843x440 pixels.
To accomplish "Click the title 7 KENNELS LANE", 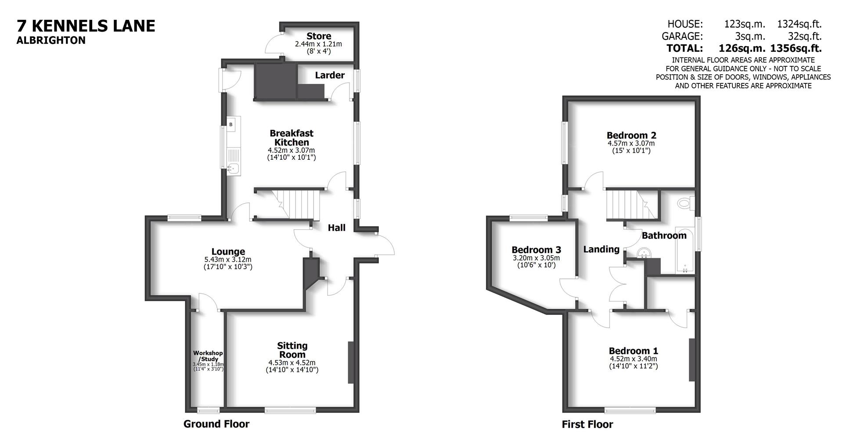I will [86, 26].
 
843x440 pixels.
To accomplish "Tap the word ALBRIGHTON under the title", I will [51, 40].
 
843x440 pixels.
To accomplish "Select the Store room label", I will [319, 36].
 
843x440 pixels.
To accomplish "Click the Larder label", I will [330, 75].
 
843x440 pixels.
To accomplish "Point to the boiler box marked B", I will [231, 125].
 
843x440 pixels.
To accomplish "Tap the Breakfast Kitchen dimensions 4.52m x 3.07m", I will [292, 150].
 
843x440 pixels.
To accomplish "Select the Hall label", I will [337, 227].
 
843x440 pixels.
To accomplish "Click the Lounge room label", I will [228, 252].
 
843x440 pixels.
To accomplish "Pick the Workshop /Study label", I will [208, 356].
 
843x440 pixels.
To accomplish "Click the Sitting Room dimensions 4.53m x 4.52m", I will [292, 363].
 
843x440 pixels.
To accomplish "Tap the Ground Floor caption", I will [216, 424].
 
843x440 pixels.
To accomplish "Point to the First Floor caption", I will [587, 425].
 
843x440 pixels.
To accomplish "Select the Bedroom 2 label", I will [631, 135].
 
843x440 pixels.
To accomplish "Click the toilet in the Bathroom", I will [685, 203].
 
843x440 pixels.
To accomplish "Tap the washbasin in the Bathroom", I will [644, 253].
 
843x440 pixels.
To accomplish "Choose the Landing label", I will [601, 249].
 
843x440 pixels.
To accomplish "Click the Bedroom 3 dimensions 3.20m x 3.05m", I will [536, 258].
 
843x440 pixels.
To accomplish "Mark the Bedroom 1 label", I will [633, 351].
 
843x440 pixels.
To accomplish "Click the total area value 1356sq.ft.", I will [796, 48].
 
